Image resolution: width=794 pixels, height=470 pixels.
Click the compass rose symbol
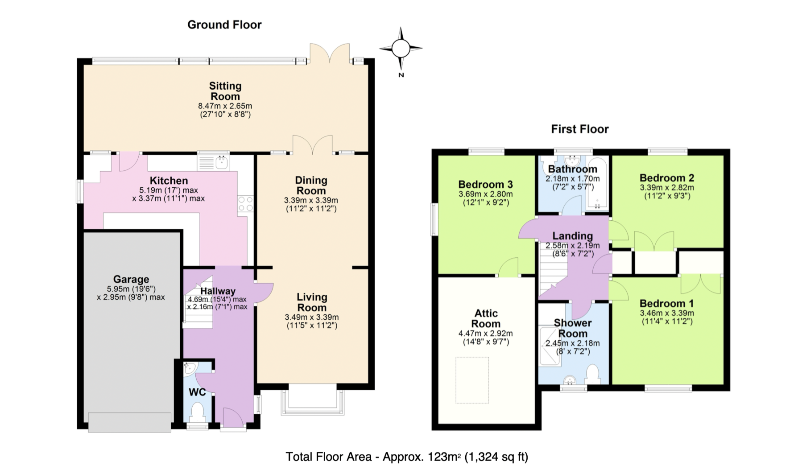click(x=401, y=48)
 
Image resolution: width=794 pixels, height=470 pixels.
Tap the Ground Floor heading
click(x=224, y=25)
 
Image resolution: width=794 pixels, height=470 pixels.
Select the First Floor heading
click(x=580, y=129)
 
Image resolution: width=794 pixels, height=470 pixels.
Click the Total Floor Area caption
click(x=407, y=457)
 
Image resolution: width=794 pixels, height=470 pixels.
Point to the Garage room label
click(x=131, y=279)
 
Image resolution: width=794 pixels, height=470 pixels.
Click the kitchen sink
click(x=213, y=162)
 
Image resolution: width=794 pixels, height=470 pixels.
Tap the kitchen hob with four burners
click(x=245, y=204)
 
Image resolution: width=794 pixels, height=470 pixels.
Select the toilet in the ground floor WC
click(x=197, y=412)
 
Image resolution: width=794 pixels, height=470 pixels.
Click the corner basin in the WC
click(x=190, y=369)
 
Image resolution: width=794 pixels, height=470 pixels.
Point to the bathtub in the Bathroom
click(x=597, y=183)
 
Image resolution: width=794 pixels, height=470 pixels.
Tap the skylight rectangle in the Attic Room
click(x=472, y=380)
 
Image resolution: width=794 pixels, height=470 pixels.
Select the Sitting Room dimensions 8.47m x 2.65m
click(x=225, y=106)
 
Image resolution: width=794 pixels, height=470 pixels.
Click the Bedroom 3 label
click(x=485, y=184)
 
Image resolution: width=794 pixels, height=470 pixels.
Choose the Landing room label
click(x=573, y=236)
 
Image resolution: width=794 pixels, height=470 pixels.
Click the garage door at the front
click(x=130, y=422)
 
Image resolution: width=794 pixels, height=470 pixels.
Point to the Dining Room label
click(x=311, y=186)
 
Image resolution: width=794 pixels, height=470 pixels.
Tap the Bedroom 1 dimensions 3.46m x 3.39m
click(x=667, y=313)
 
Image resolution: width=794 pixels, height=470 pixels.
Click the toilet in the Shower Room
click(x=592, y=374)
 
